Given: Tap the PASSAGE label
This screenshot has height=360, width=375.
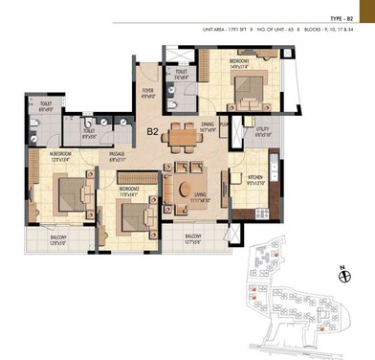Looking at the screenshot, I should pyautogui.click(x=118, y=155).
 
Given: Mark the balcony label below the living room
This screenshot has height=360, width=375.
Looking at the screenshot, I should pyautogui.click(x=192, y=237).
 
